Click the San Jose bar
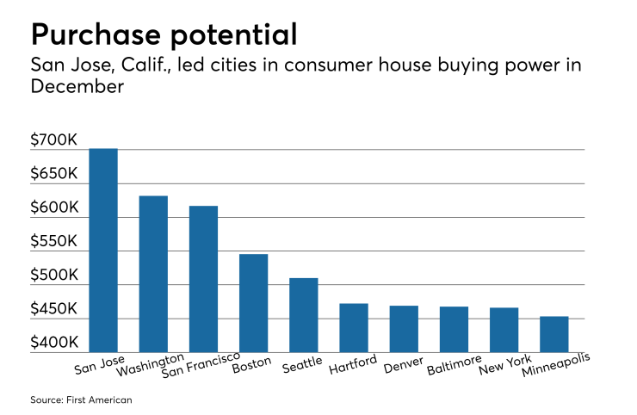(103, 250)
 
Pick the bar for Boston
(253, 302)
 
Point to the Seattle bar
(303, 314)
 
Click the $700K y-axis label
(54, 139)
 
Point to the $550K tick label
(54, 241)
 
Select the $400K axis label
(54, 343)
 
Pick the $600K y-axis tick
(54, 207)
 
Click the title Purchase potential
(164, 34)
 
